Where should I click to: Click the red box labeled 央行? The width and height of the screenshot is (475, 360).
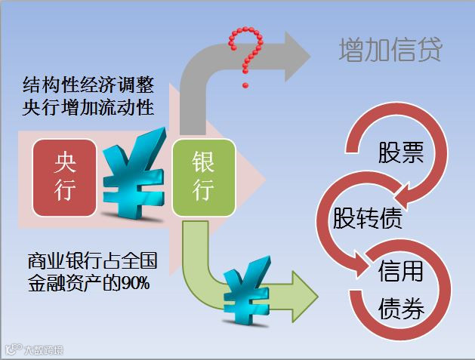coord(65,176)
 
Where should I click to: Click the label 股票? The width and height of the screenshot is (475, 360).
coord(400,154)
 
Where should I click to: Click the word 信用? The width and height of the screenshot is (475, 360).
coord(400,271)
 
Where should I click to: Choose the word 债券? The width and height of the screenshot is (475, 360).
coord(400,309)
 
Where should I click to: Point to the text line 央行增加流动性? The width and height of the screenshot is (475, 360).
coord(89,107)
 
